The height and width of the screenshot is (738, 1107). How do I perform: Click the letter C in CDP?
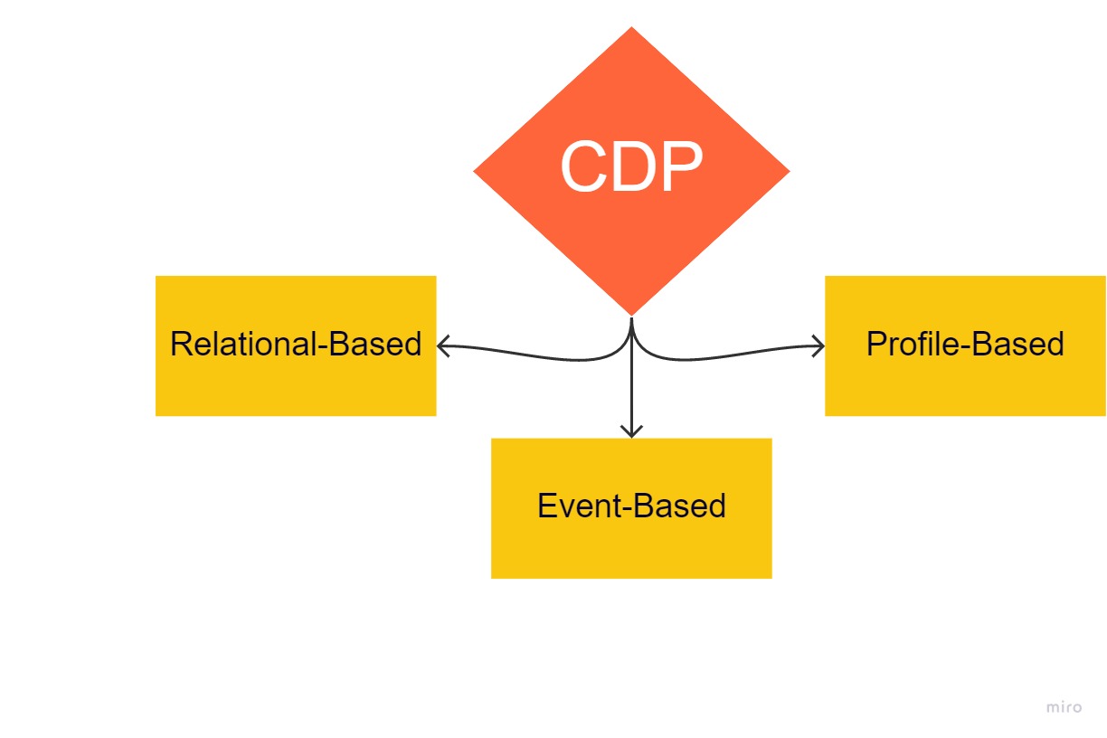click(586, 168)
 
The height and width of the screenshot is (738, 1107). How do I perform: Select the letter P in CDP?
click(681, 168)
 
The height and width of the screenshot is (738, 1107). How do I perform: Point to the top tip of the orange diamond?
click(631, 29)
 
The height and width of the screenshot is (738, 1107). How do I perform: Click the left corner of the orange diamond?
click(476, 171)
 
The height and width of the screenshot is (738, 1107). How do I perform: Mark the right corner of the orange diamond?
click(788, 171)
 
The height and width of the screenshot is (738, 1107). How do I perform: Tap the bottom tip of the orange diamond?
click(631, 314)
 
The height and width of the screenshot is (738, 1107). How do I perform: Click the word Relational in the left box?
click(243, 345)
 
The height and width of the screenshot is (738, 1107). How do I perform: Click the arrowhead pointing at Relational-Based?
click(442, 345)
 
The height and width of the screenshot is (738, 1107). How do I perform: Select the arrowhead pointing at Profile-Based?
click(819, 345)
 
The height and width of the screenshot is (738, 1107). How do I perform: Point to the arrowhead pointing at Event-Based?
click(631, 431)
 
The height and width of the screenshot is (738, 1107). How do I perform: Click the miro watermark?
click(1064, 707)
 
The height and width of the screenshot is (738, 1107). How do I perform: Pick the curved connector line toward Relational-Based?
click(543, 357)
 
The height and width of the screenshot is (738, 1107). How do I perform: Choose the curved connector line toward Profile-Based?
click(724, 356)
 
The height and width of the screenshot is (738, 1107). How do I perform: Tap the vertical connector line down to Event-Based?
click(631, 389)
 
